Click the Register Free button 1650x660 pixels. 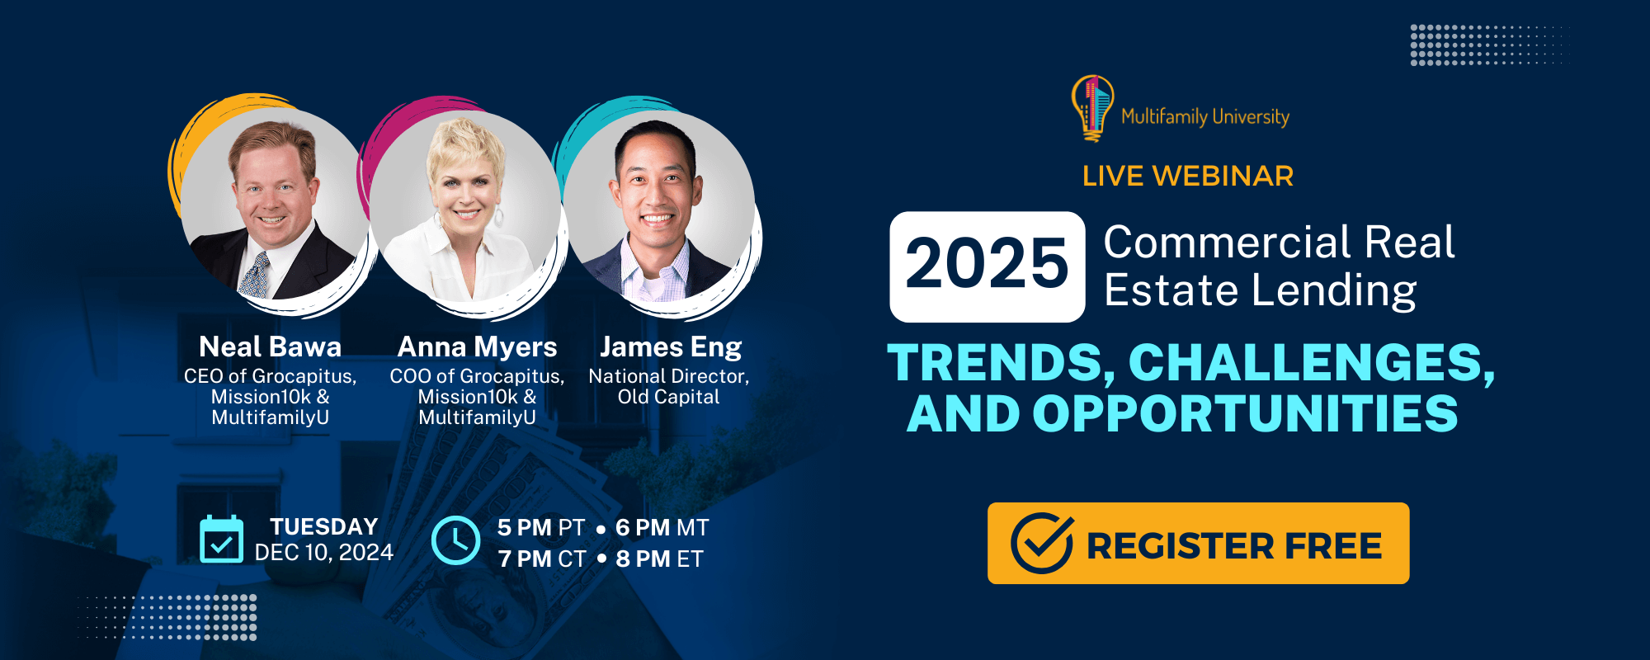(1198, 544)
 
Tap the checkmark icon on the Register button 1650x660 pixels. (1043, 543)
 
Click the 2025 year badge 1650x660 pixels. (988, 266)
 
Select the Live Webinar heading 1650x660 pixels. (1188, 176)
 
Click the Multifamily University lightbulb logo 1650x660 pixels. (1092, 108)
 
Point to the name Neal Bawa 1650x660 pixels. (271, 346)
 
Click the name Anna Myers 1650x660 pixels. (478, 346)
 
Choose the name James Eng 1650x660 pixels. (671, 347)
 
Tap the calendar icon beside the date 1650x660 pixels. (221, 539)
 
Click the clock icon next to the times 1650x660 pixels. (455, 540)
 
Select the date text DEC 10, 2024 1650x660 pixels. (324, 552)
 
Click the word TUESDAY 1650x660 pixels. (324, 526)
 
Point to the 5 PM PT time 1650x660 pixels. (541, 528)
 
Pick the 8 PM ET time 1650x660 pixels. (659, 559)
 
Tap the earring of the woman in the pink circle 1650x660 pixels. (499, 216)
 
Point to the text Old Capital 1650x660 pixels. (669, 397)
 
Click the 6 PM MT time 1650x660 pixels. (662, 528)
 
